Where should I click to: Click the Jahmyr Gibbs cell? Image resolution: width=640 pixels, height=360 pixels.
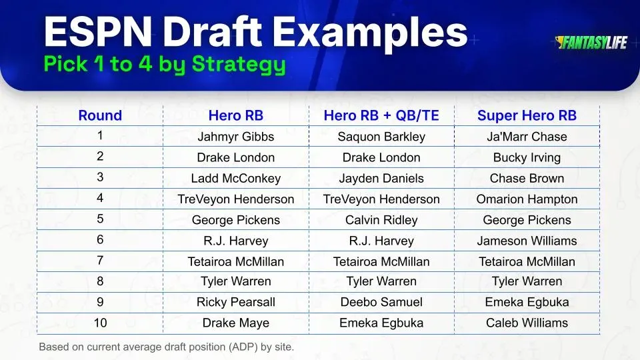pyautogui.click(x=235, y=137)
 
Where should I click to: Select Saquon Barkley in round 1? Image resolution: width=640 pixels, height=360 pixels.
pyautogui.click(x=381, y=137)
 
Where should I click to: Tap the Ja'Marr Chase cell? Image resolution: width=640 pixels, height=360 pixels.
pyautogui.click(x=527, y=137)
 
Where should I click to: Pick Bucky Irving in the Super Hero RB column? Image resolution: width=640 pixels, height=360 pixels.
pyautogui.click(x=527, y=158)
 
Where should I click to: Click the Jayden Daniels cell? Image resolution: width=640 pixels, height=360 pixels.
pyautogui.click(x=381, y=179)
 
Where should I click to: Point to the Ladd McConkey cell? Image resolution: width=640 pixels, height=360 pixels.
pyautogui.click(x=235, y=179)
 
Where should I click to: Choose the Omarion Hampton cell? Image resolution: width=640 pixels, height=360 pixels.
pyautogui.click(x=527, y=199)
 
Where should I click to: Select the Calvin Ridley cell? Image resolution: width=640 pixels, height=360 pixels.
pyautogui.click(x=381, y=220)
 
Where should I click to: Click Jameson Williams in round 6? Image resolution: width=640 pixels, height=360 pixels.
pyautogui.click(x=527, y=241)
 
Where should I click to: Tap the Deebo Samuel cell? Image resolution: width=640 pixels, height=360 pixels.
pyautogui.click(x=381, y=302)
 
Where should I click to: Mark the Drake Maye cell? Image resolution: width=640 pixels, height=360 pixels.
pyautogui.click(x=235, y=323)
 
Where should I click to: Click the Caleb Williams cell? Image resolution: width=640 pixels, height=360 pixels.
pyautogui.click(x=527, y=323)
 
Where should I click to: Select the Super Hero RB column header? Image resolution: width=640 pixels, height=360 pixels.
pyautogui.click(x=527, y=115)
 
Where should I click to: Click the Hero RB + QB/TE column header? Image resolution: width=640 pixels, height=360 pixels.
pyautogui.click(x=381, y=115)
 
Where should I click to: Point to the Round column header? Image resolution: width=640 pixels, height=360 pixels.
pyautogui.click(x=100, y=115)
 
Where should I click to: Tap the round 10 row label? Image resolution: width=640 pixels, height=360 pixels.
pyautogui.click(x=100, y=322)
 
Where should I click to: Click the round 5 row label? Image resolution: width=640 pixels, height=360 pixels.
pyautogui.click(x=100, y=219)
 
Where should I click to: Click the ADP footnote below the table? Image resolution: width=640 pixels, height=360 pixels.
pyautogui.click(x=166, y=347)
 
